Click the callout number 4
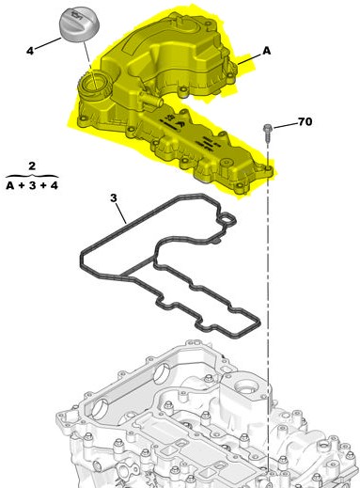(30, 51)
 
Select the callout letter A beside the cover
(266, 51)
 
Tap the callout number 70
(305, 121)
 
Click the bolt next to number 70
(268, 133)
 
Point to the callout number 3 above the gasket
(114, 198)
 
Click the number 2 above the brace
(32, 165)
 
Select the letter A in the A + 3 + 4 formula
(10, 185)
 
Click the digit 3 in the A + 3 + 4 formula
(32, 185)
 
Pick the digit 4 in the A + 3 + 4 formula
(55, 185)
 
